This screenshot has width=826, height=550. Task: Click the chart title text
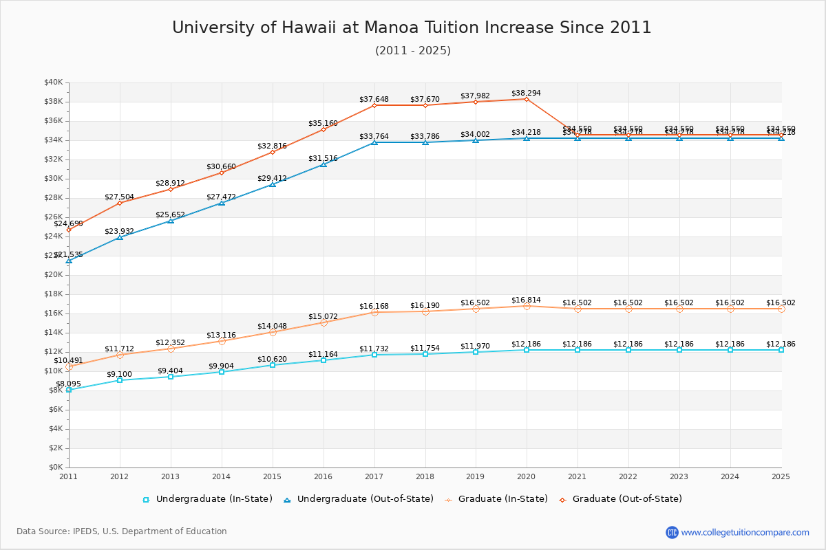412,27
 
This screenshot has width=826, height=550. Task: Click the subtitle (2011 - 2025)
412,51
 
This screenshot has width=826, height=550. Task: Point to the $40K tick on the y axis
53,82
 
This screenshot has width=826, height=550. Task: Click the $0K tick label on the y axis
55,467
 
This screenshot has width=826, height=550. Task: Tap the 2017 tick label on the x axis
374,476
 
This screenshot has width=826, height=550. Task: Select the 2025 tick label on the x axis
781,476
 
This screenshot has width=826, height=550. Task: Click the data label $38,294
526,93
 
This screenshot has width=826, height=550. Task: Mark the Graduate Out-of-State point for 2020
527,99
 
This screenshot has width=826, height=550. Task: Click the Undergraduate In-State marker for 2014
222,372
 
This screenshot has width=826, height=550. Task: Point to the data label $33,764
374,136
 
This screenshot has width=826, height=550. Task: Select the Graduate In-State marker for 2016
324,322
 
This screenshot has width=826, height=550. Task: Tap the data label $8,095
69,384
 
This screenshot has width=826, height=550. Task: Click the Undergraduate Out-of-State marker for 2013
171,221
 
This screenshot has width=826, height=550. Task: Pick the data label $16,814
526,300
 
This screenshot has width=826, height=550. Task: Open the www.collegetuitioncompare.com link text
745,532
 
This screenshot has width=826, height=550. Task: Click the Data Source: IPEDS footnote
122,531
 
